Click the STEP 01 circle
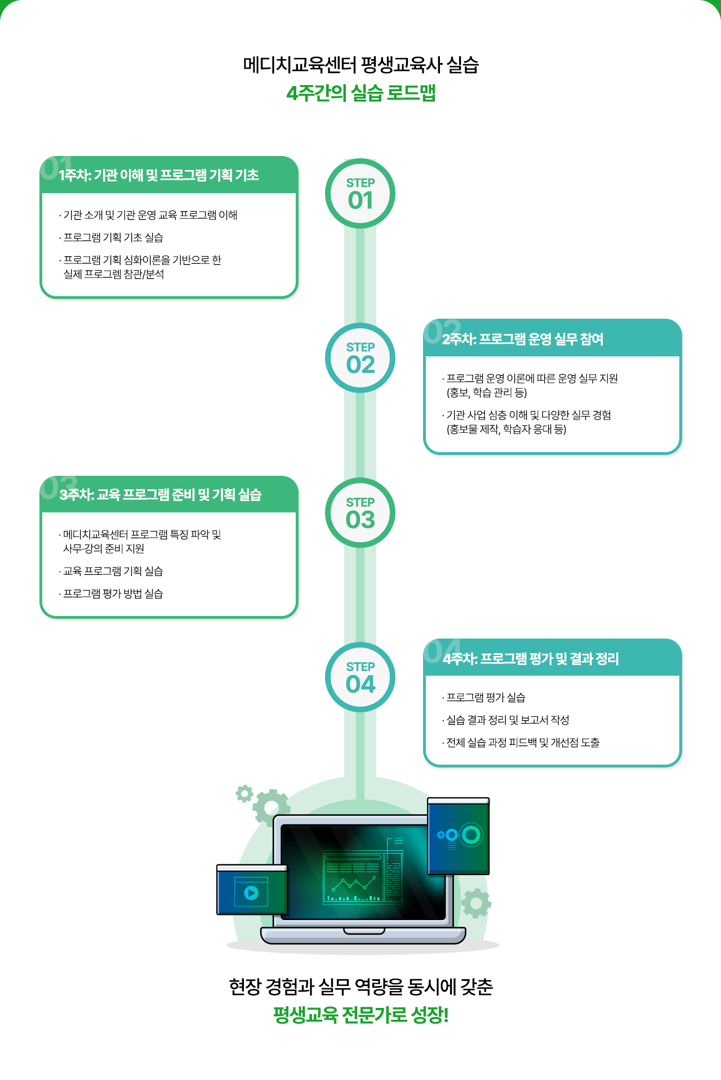pyautogui.click(x=360, y=194)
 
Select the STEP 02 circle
pyautogui.click(x=360, y=358)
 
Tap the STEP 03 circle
pyautogui.click(x=360, y=513)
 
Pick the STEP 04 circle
pyautogui.click(x=360, y=677)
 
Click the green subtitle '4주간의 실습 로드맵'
pyautogui.click(x=360, y=93)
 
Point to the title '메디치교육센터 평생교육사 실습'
pyautogui.click(x=360, y=65)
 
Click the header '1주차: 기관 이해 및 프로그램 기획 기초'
pyautogui.click(x=159, y=175)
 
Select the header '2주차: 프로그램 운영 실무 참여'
pyautogui.click(x=523, y=339)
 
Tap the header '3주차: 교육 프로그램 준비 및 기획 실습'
pyautogui.click(x=161, y=494)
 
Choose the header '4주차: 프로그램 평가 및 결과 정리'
pyautogui.click(x=531, y=658)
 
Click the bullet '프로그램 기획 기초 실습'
pyautogui.click(x=113, y=238)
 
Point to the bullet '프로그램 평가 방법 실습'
pyautogui.click(x=113, y=593)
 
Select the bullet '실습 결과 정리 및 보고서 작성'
pyautogui.click(x=508, y=720)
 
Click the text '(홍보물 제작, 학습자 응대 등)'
pyautogui.click(x=506, y=429)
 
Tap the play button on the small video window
pyautogui.click(x=251, y=892)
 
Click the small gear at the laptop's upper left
pyautogui.click(x=244, y=794)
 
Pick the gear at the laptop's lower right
pyautogui.click(x=476, y=903)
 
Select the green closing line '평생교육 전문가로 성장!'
pyautogui.click(x=360, y=1015)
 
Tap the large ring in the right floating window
pyautogui.click(x=471, y=834)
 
